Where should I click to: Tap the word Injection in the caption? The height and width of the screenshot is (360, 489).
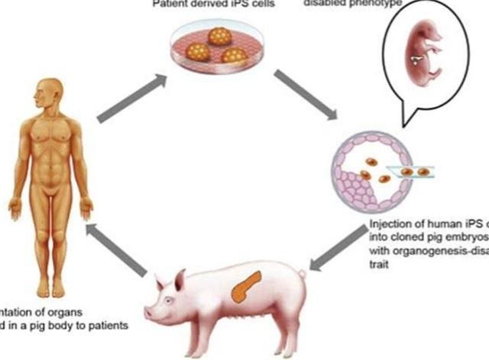point(390,226)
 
